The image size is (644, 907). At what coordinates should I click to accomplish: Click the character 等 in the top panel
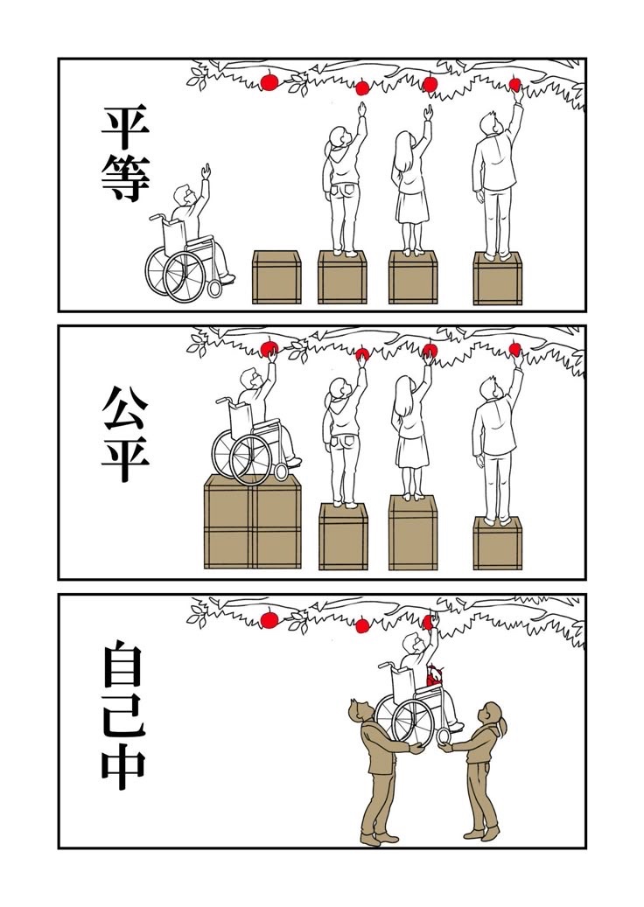[x=125, y=178]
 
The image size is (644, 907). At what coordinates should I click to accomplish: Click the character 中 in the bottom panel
[x=123, y=770]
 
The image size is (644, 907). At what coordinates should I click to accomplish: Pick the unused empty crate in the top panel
[x=276, y=277]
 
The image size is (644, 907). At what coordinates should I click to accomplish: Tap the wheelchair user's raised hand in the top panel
[x=206, y=171]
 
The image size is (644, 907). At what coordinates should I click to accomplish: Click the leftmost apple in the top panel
[x=269, y=82]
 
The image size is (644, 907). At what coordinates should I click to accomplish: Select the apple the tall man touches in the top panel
[x=514, y=85]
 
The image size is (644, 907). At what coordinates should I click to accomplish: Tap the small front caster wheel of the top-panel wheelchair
[x=214, y=288]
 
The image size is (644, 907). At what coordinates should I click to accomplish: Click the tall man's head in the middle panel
[x=490, y=388]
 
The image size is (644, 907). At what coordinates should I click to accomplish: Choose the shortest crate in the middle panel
[x=498, y=543]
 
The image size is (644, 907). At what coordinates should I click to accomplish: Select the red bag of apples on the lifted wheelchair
[x=435, y=675]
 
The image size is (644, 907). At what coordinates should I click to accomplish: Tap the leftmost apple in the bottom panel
[x=269, y=619]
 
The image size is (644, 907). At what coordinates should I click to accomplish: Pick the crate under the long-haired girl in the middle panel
[x=412, y=532]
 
